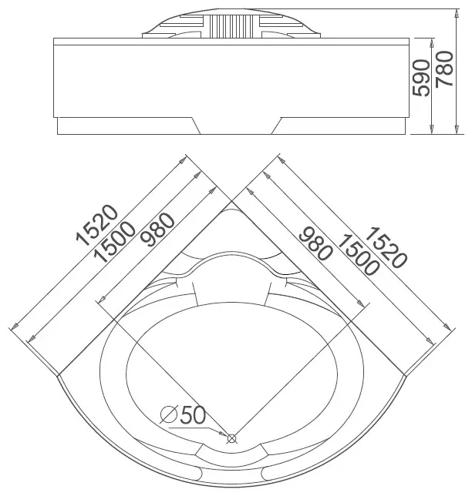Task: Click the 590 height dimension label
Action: pos(421,77)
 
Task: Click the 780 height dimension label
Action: pos(444,69)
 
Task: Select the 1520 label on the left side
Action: pos(97,225)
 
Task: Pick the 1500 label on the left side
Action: pos(115,242)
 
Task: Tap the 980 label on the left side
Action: pos(157,230)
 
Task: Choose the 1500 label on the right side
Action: pos(359,255)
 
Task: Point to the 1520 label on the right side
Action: pos(386,247)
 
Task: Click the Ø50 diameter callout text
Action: pos(183,414)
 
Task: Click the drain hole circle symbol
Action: pos(232,438)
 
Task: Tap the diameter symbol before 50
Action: pos(168,414)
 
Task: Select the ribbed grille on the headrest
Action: pos(231,26)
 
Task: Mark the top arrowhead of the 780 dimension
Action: pos(457,13)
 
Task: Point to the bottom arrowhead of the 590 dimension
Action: pos(431,129)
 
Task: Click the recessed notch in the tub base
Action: pos(236,126)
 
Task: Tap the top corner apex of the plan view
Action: pos(232,201)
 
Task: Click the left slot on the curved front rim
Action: pos(196,474)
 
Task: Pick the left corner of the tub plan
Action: pos(58,376)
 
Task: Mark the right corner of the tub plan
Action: pos(406,376)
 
